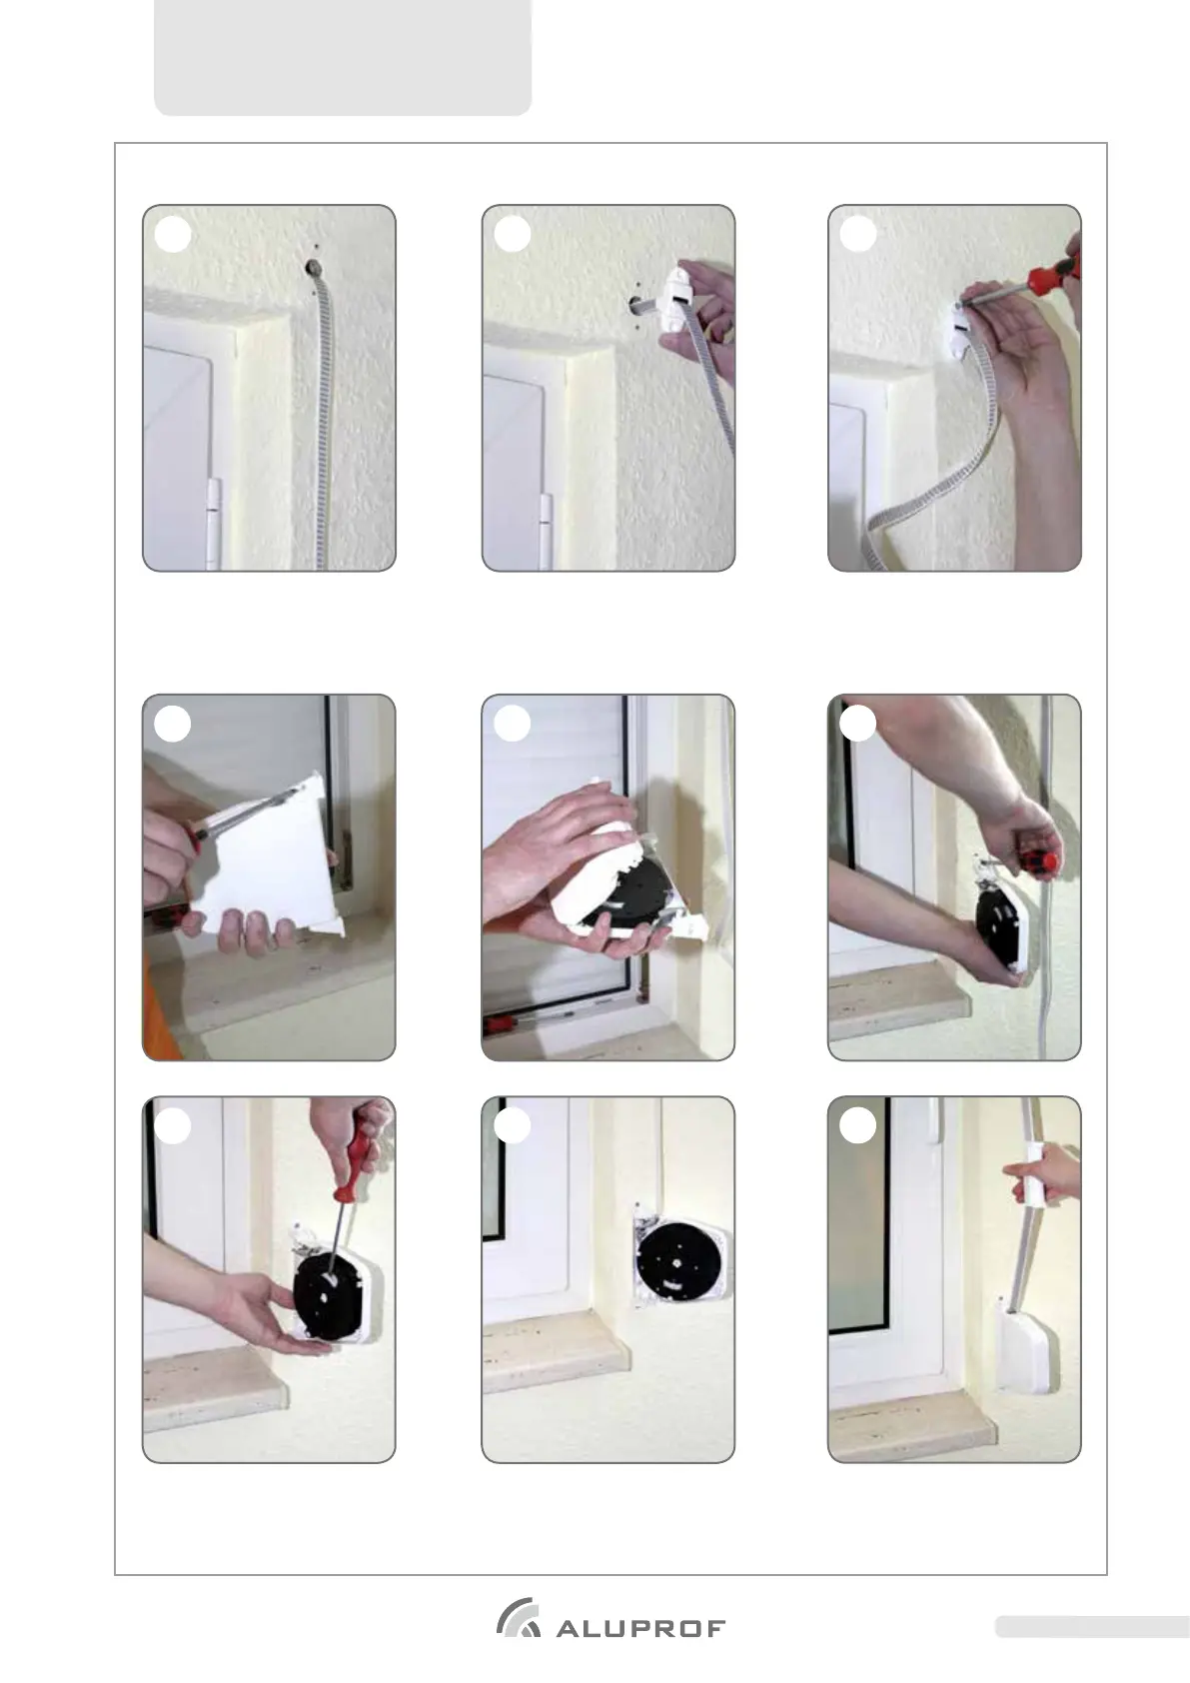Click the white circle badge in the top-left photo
[172, 235]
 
